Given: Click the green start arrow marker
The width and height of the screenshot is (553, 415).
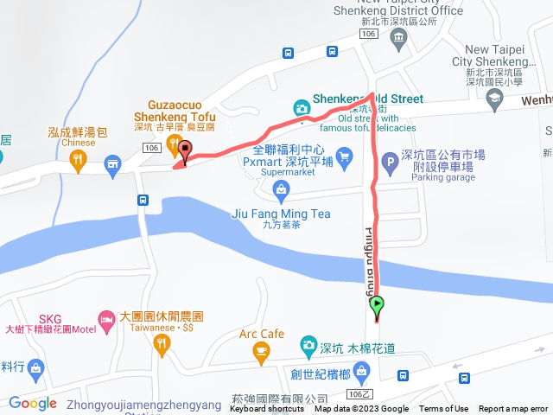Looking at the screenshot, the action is coord(377,303).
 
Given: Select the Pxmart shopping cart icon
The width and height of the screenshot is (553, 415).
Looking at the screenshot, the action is coord(345,156).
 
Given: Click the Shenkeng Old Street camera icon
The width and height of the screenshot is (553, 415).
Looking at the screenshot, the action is coord(301,108).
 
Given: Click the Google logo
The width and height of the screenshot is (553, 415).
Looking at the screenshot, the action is coord(33,404).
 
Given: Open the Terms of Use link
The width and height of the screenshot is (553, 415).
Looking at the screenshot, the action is coord(443,409).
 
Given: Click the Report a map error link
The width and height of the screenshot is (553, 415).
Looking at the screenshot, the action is coord(513,409).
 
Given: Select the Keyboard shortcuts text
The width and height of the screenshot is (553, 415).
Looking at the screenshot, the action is coord(266,409).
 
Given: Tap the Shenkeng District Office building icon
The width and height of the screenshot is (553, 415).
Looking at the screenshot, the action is coord(397,37).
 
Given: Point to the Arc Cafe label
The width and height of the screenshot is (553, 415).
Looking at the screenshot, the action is coord(262,334).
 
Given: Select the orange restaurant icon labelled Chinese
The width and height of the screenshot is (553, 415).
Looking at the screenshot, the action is coord(78,158).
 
